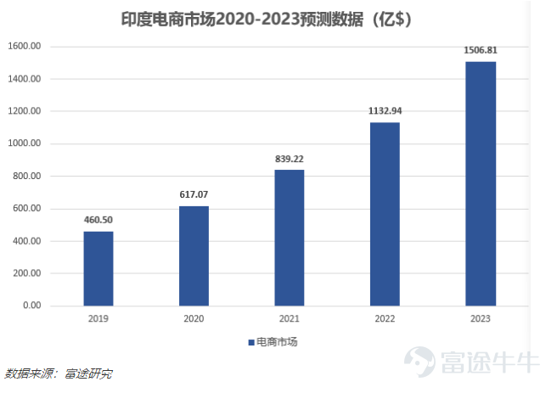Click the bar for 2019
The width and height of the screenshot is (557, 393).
(x=98, y=268)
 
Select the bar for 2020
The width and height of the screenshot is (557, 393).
(x=194, y=255)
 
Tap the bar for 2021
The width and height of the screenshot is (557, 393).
(x=290, y=238)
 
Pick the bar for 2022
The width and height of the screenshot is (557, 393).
(x=385, y=214)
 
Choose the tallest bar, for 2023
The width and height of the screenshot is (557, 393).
(x=481, y=183)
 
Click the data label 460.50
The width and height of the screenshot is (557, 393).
(x=98, y=220)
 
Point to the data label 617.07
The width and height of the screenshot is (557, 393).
(x=194, y=194)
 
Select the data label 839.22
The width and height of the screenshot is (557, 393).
(x=290, y=158)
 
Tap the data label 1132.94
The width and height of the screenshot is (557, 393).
(x=385, y=110)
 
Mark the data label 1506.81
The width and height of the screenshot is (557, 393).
(x=481, y=50)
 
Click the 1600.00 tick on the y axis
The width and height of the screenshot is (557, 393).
(x=25, y=47)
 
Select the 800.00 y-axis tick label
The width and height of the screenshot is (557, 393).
(x=27, y=177)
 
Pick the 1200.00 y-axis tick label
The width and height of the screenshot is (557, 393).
(x=25, y=111)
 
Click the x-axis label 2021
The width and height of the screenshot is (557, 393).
(x=290, y=319)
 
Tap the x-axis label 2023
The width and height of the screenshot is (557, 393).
(x=481, y=319)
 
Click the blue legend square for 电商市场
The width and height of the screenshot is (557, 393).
(x=251, y=343)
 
